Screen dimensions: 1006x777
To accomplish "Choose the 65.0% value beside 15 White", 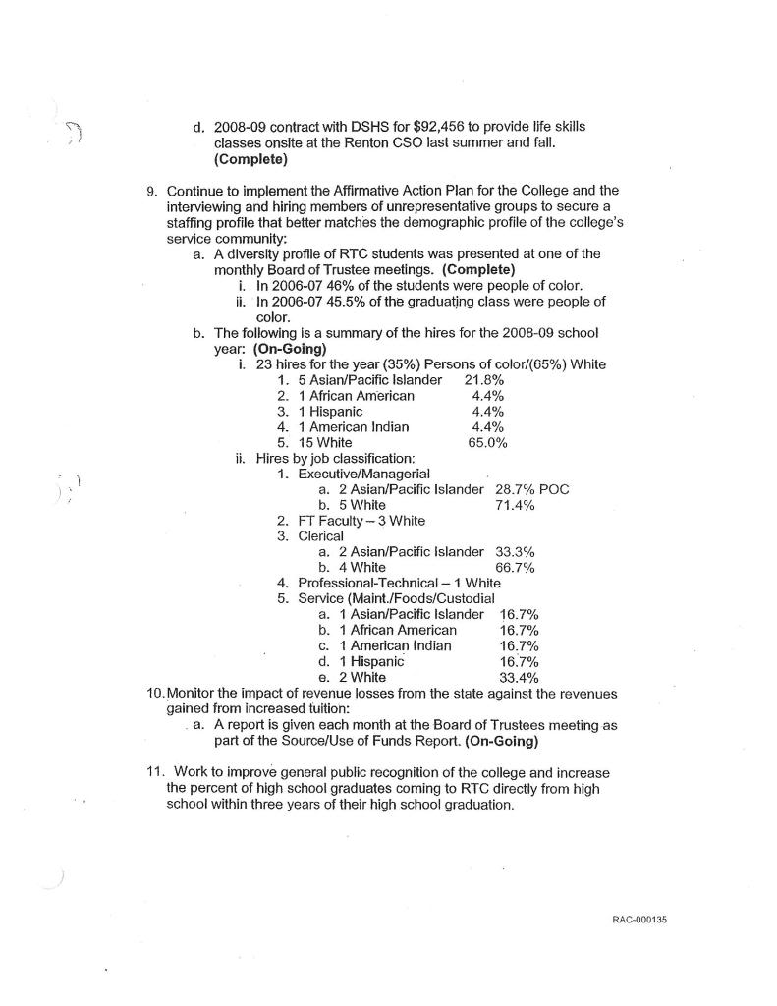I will tap(488, 443).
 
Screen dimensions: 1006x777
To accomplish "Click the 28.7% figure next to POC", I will tap(515, 490).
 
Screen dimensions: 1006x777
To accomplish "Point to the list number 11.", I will tap(143, 772).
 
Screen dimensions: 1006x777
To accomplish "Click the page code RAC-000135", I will tap(638, 921).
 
